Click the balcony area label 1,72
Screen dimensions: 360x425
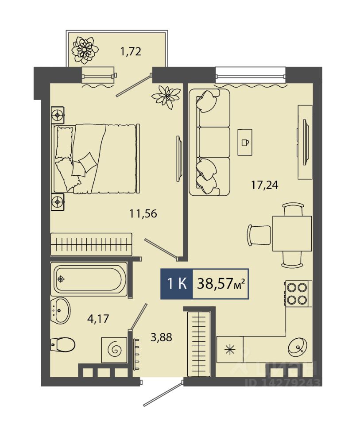[131, 51]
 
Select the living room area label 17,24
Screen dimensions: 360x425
[265, 185]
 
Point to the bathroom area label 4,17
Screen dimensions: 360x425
[98, 318]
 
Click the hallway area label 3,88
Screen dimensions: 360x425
[161, 337]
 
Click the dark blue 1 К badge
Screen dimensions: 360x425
[177, 284]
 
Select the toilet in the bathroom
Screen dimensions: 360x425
[62, 345]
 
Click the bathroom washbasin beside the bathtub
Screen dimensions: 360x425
[61, 310]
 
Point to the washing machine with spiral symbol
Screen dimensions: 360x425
[114, 350]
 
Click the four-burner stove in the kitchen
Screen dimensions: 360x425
[298, 294]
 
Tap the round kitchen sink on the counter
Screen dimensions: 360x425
[298, 348]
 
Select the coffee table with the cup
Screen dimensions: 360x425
[245, 142]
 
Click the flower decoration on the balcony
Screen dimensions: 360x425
[85, 50]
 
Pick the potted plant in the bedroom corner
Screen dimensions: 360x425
[166, 97]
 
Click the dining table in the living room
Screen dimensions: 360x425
[292, 234]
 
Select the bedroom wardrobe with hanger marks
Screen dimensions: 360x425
[91, 244]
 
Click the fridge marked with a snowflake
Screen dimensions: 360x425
[230, 350]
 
